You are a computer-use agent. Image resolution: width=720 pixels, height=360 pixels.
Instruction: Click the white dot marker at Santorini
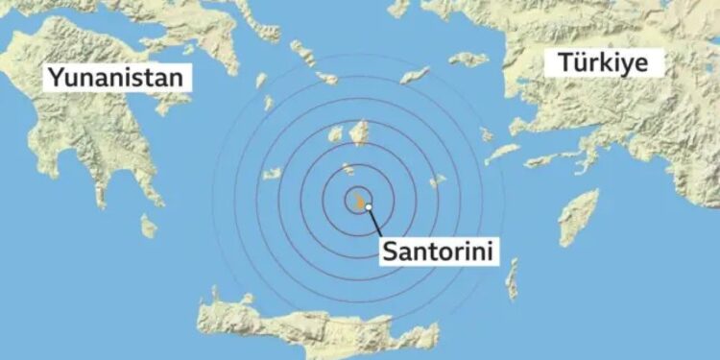coord(369,206)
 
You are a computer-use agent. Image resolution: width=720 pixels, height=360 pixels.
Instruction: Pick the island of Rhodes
coord(579,217)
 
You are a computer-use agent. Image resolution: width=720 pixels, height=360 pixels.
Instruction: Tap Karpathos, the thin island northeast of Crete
coord(513,278)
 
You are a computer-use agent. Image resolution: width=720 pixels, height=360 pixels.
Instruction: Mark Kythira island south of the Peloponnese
coord(148,227)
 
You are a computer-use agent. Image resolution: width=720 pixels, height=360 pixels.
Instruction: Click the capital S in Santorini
coord(390,252)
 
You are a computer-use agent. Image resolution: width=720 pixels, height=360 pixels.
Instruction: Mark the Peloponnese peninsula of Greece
coord(96,144)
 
